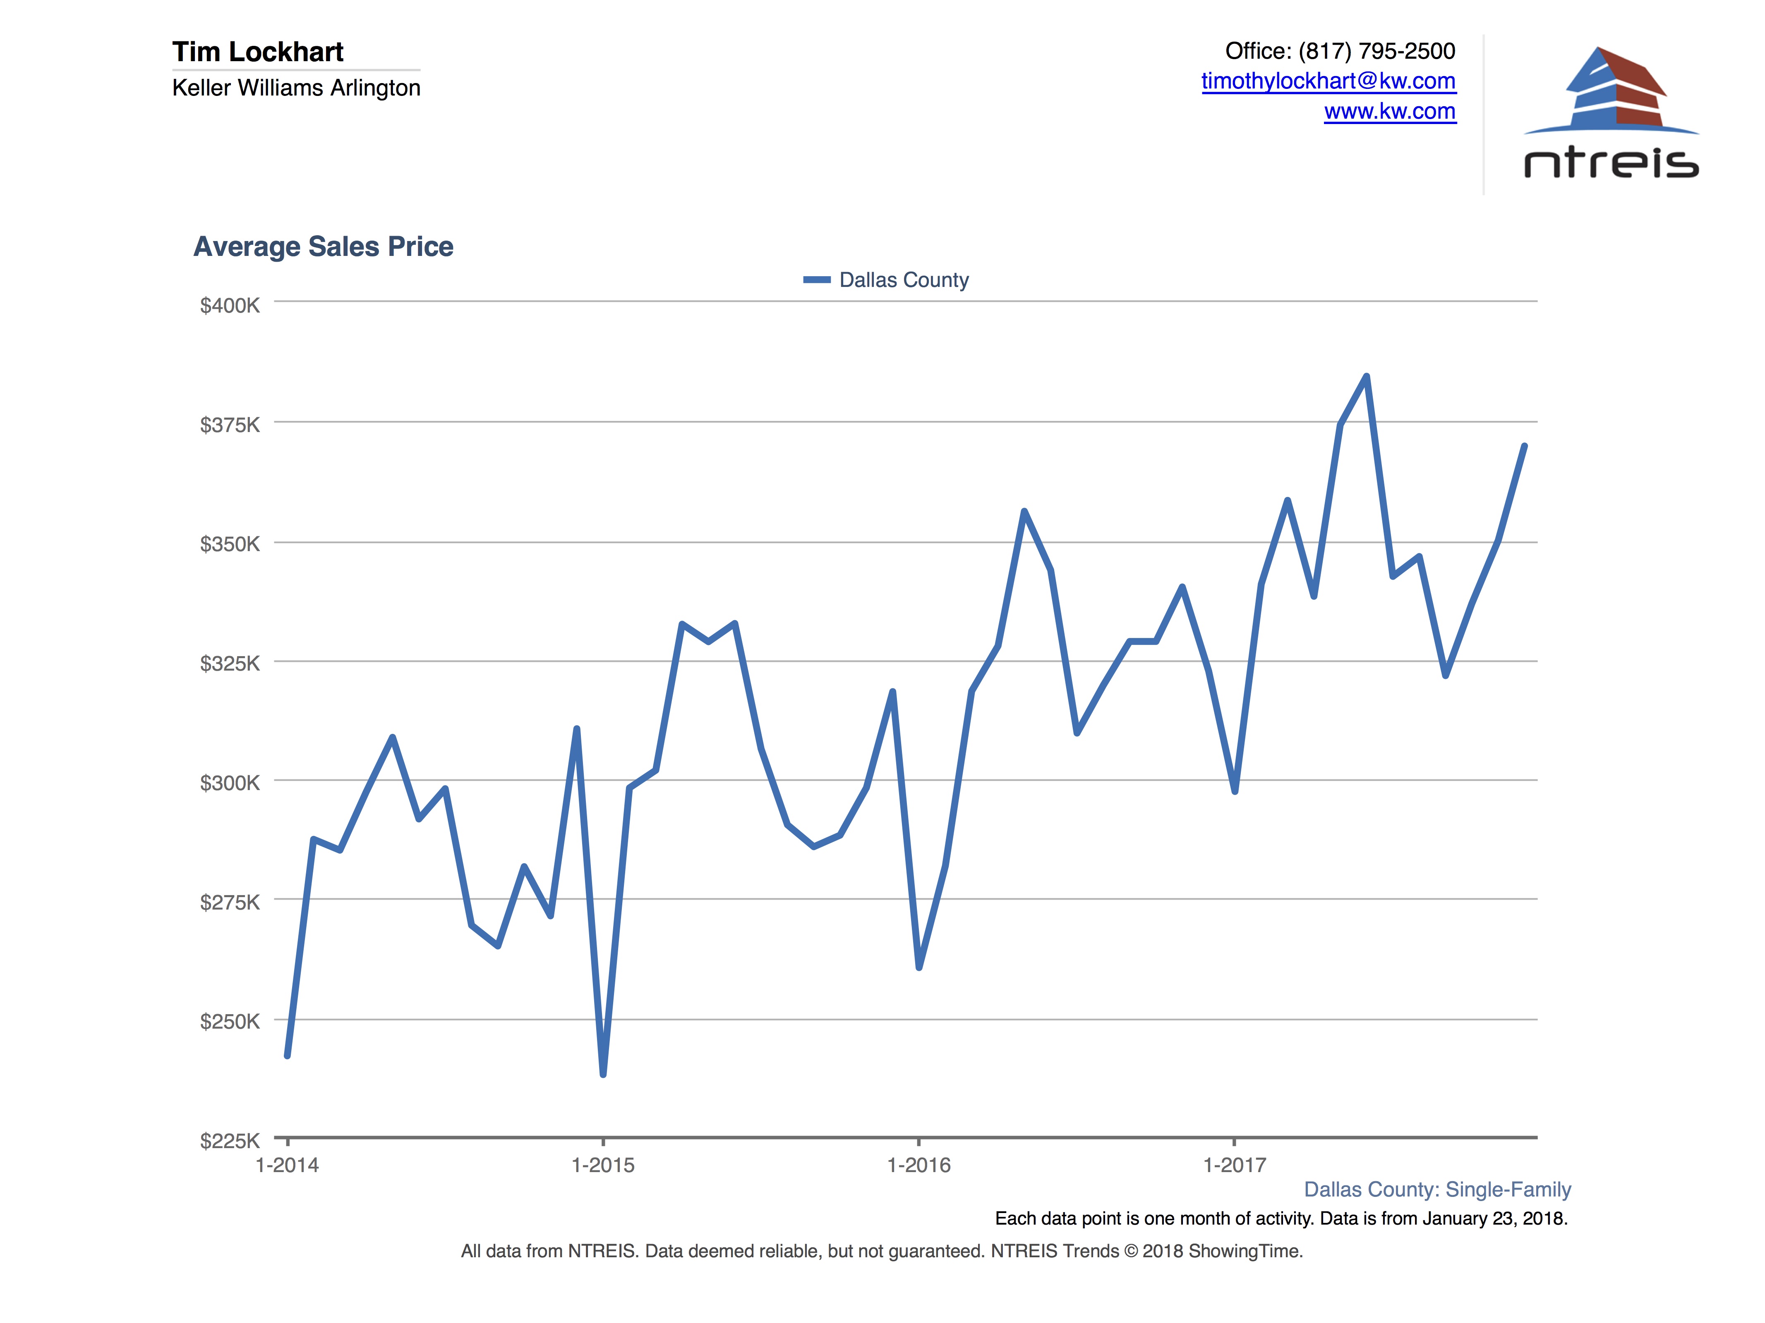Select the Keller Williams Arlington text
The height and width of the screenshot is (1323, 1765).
[x=296, y=88]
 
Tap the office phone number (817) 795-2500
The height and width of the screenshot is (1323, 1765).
[x=1377, y=51]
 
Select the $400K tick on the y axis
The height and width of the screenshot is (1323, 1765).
[x=230, y=306]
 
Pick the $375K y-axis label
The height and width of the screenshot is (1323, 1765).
[x=230, y=425]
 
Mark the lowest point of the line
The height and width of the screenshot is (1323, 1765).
[x=603, y=1074]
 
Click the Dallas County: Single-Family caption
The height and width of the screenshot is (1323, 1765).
[x=1437, y=1190]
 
